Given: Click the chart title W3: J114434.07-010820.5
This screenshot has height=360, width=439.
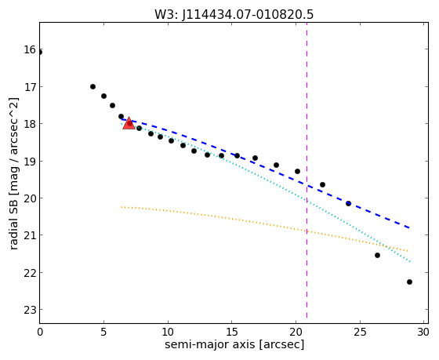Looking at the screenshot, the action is (234, 14).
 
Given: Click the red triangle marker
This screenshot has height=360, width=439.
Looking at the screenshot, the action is (129, 123).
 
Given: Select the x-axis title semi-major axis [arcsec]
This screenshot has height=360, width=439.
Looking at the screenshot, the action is (234, 344).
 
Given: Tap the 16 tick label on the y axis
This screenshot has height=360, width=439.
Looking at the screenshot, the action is (31, 50).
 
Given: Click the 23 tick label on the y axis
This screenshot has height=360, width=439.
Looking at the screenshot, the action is (31, 310).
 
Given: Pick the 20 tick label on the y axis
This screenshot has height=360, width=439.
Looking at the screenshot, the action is (31, 198).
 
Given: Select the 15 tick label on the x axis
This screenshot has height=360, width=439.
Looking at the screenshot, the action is (232, 333).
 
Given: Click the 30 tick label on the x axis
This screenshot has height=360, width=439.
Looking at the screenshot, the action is (423, 333).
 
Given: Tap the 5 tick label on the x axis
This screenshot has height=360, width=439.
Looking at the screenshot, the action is (103, 333).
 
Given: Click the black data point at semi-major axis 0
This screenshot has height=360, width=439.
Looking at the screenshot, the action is (39, 53).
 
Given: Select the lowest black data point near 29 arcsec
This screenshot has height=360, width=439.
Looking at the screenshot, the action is (409, 282).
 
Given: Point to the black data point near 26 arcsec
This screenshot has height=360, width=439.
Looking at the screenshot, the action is (377, 255).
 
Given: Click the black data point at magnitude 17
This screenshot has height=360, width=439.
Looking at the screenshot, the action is (93, 86).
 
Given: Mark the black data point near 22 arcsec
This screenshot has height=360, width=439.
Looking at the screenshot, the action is (322, 184).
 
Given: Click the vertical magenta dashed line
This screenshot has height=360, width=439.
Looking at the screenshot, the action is (307, 170).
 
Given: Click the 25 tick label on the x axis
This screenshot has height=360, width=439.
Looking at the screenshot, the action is (360, 333).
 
